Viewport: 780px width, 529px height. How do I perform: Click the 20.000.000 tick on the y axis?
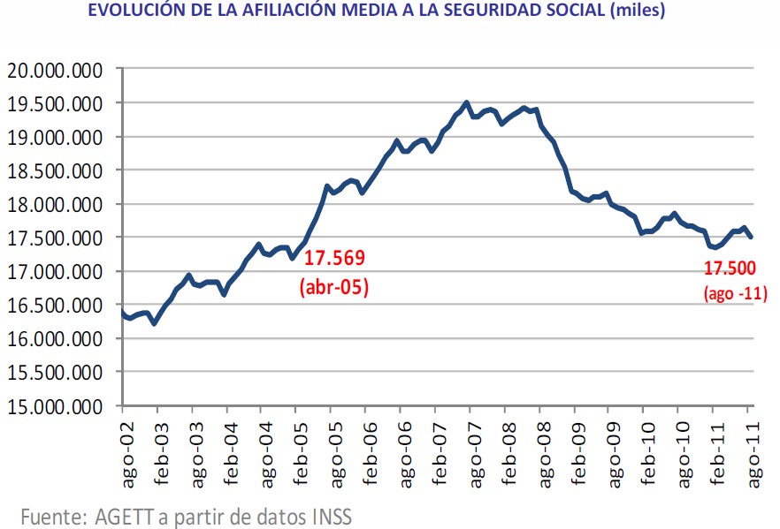(54, 70)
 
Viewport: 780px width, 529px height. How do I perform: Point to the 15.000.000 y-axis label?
(54, 406)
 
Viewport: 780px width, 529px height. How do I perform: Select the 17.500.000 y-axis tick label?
(54, 238)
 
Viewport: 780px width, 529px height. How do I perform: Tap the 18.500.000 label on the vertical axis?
(54, 171)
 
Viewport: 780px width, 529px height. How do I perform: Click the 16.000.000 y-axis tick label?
(54, 339)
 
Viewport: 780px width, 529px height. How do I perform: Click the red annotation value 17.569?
(334, 258)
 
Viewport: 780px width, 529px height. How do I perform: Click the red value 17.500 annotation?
(733, 270)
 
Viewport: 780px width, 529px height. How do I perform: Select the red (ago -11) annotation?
(735, 295)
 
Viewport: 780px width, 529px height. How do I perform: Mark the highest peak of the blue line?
(467, 102)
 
